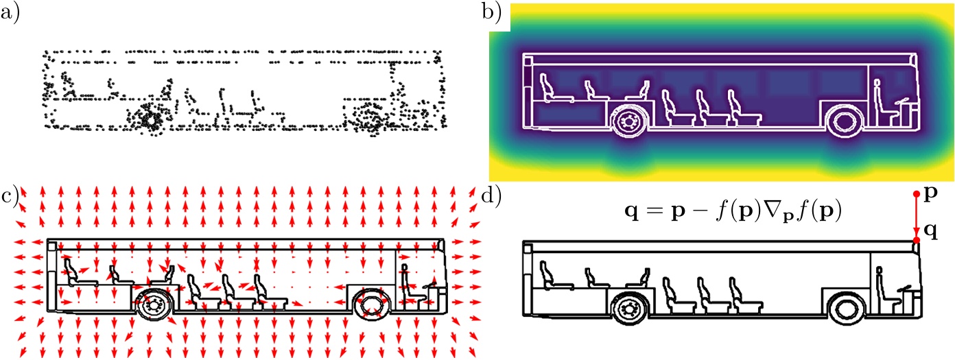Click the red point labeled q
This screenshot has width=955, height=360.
coord(916,239)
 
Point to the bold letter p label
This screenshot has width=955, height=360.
coord(932,195)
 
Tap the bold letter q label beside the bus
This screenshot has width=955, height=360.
coord(932,231)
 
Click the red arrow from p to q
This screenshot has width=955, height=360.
coord(916,217)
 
